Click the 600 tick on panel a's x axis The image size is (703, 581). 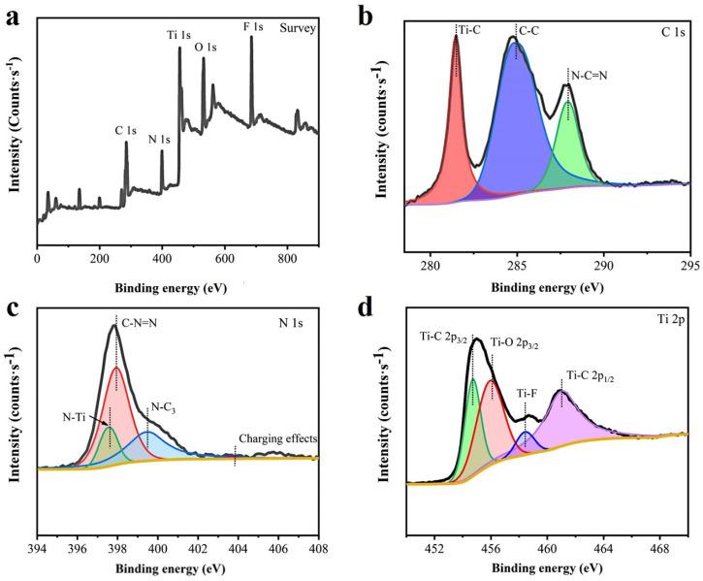225,260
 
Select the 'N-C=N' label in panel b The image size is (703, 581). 591,73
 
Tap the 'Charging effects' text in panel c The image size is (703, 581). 278,438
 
